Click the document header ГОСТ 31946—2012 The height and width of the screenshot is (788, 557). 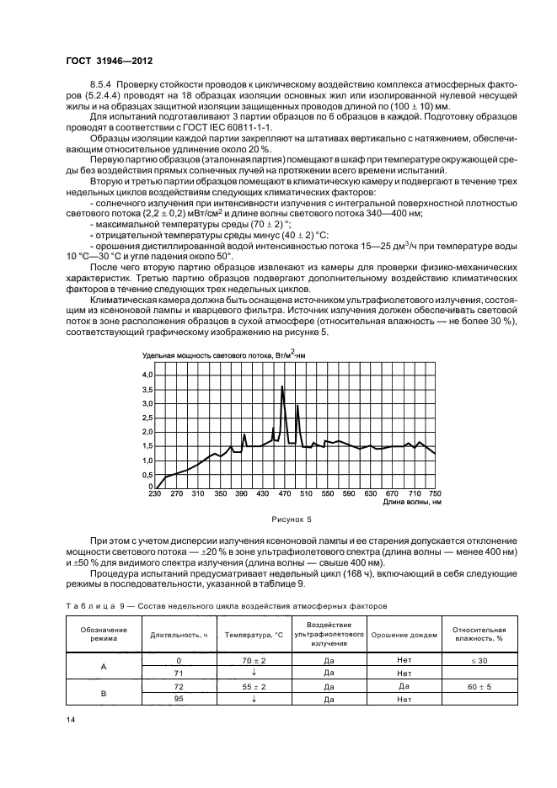click(x=108, y=61)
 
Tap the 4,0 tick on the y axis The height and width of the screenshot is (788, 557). click(x=147, y=374)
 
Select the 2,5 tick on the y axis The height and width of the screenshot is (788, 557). click(x=147, y=418)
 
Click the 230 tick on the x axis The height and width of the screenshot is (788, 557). click(x=154, y=493)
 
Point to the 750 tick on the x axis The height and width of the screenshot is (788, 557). click(x=435, y=493)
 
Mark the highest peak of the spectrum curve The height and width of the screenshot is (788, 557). click(x=282, y=386)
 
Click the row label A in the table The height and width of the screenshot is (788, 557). click(x=104, y=668)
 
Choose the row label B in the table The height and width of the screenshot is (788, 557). click(x=104, y=693)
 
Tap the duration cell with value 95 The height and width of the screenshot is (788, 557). click(x=178, y=700)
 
